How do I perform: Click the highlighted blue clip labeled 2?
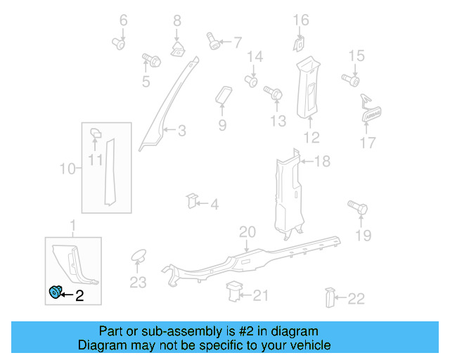pos(55,293)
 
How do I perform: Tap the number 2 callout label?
pos(79,297)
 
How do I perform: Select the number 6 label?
pos(124,21)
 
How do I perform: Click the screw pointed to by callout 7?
pos(213,41)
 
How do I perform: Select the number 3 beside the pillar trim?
pos(181,130)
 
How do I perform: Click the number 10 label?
pos(67,169)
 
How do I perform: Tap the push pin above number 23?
pos(138,255)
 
